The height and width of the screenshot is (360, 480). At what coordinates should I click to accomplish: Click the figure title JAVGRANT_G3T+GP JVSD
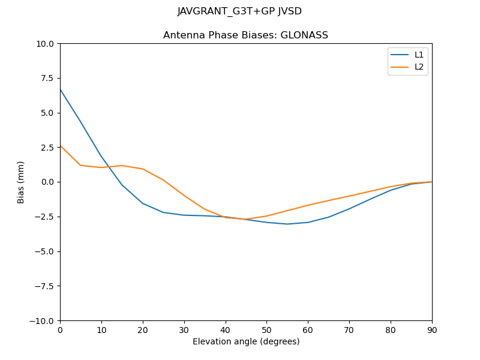(239, 11)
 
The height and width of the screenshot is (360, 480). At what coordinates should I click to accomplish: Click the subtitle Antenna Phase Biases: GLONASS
(245, 35)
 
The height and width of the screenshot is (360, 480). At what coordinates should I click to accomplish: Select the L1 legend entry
(419, 55)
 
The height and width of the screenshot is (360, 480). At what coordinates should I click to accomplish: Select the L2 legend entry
(419, 67)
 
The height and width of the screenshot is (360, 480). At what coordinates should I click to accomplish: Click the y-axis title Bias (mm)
(21, 182)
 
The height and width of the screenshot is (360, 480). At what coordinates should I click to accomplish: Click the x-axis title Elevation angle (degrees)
(246, 342)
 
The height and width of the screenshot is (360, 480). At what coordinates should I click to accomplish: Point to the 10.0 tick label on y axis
(46, 44)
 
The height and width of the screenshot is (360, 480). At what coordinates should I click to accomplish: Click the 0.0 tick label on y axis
(48, 182)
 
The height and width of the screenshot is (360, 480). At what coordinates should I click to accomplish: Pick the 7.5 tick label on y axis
(48, 79)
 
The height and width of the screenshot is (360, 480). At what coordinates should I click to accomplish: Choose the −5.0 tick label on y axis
(44, 251)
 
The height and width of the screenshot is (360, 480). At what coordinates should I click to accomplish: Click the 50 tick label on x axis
(266, 330)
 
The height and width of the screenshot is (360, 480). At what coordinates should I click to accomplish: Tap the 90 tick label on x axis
(432, 330)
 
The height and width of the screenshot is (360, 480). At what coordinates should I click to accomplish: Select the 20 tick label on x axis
(143, 330)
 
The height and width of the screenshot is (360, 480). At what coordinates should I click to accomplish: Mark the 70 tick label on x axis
(349, 330)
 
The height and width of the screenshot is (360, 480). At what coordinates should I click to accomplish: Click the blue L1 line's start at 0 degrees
(61, 89)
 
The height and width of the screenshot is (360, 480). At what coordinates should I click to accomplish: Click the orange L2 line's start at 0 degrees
(61, 146)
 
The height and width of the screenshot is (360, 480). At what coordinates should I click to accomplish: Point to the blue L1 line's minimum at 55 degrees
(287, 224)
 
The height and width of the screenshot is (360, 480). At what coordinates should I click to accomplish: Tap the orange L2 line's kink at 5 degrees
(80, 166)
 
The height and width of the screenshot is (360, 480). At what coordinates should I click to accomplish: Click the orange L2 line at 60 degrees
(308, 205)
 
